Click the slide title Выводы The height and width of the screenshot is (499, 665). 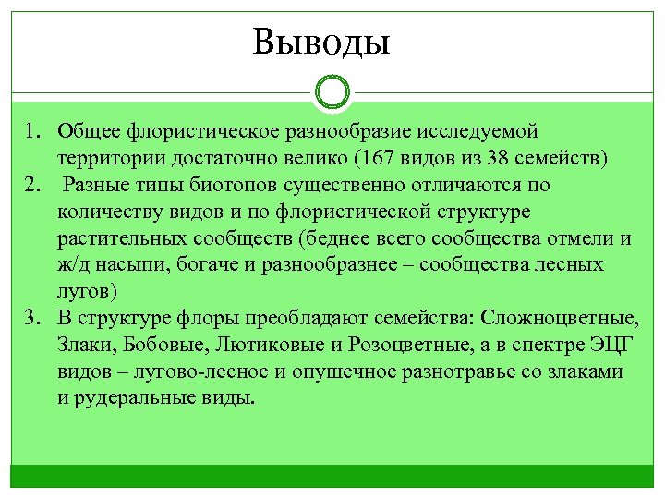pyautogui.click(x=322, y=42)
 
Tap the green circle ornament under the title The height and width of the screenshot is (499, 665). pyautogui.click(x=332, y=92)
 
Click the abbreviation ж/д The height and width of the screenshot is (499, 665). pyautogui.click(x=72, y=266)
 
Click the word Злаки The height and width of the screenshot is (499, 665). pyautogui.click(x=86, y=346)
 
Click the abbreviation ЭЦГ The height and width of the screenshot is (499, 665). pyautogui.click(x=606, y=346)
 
